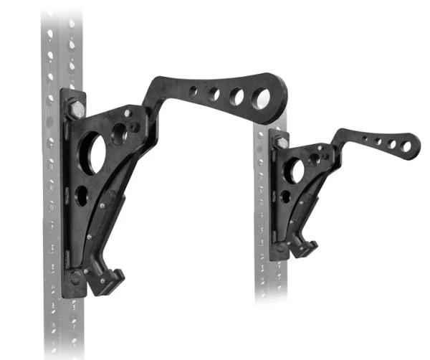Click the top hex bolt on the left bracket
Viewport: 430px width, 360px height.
(x=76, y=110)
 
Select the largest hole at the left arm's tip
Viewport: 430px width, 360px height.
(x=260, y=98)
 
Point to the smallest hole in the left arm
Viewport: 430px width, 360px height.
(x=194, y=92)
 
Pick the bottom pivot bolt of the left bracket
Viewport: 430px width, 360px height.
(x=76, y=277)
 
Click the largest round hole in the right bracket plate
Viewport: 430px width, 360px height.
(x=293, y=170)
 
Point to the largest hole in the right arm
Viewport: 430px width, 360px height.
(x=406, y=147)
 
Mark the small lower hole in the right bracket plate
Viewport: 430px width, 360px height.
(x=285, y=196)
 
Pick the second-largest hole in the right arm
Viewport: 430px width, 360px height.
(x=392, y=144)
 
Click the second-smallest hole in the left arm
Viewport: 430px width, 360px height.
(x=214, y=93)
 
